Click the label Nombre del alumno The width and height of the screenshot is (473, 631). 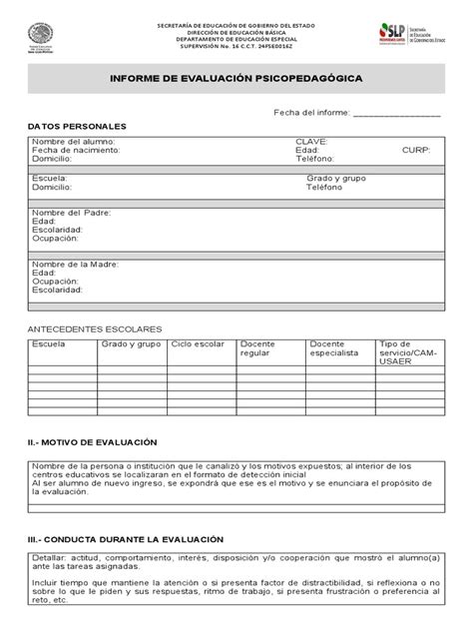[74, 142]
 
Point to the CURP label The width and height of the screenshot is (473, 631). [415, 150]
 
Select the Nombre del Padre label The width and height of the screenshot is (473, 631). [71, 213]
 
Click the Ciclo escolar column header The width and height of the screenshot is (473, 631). [199, 343]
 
